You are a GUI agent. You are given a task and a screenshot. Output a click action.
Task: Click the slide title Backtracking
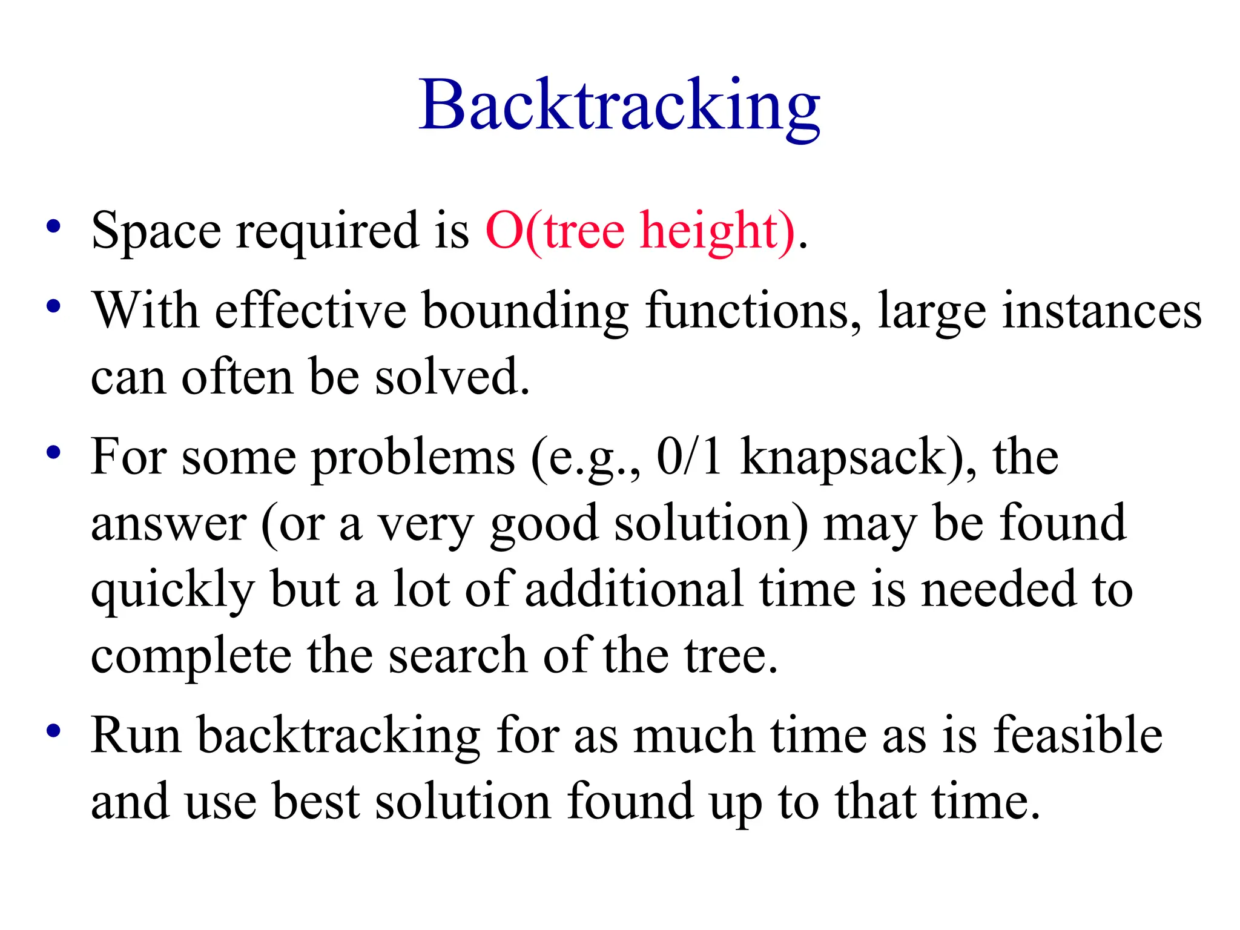pos(619,106)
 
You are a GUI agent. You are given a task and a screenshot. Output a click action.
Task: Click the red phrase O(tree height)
pos(641,231)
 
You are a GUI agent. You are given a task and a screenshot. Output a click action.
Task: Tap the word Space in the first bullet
pos(156,231)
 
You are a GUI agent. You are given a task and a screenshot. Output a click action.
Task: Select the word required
pos(328,231)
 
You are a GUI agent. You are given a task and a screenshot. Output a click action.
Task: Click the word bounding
pos(525,311)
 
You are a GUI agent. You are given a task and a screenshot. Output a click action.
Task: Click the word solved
pos(452,377)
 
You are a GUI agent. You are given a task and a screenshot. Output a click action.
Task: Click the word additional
pos(633,589)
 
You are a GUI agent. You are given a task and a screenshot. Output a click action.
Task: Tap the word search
pos(458,656)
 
